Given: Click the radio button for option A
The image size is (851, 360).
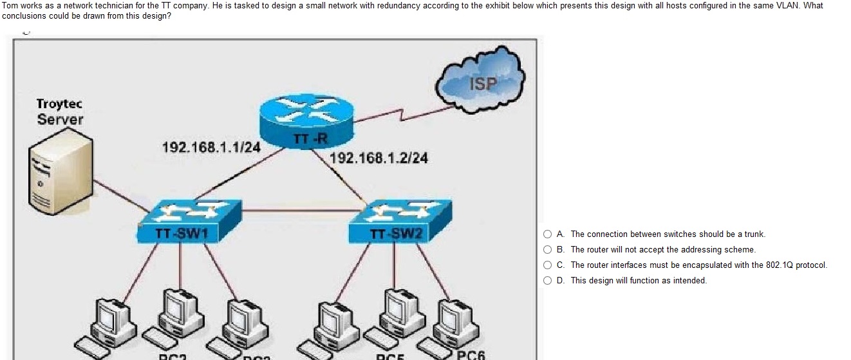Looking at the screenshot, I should [548, 234].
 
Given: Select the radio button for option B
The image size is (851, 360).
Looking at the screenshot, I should [548, 250].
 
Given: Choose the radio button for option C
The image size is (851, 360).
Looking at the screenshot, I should [548, 265].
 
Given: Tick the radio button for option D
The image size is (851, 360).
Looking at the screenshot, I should [548, 281].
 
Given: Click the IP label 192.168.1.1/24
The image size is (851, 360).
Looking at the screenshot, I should [211, 147].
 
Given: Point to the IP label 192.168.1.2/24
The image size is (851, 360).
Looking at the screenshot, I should [379, 158].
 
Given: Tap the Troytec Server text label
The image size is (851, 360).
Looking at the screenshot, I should [60, 111].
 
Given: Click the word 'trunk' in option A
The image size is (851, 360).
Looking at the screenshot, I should [754, 234].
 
